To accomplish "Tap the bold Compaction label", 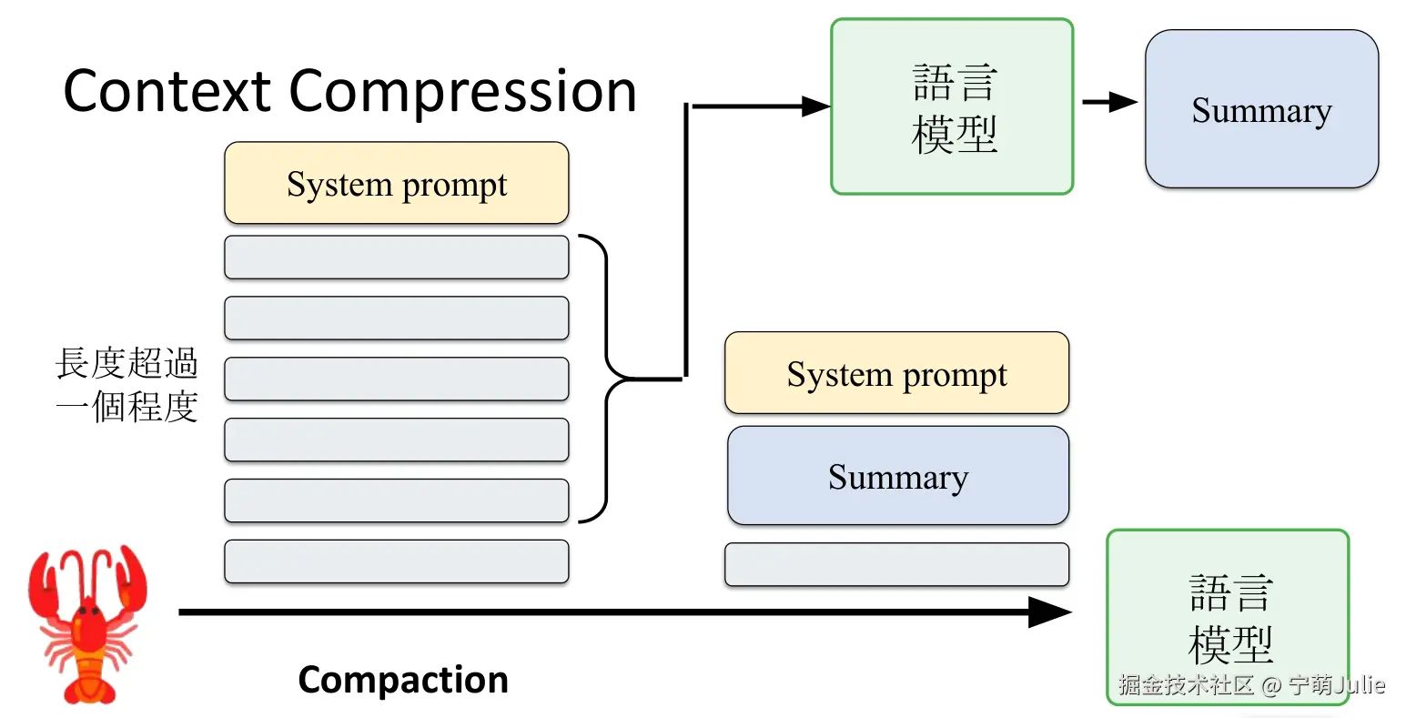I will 403,680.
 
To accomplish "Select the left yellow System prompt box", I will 396,183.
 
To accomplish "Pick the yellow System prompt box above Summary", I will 896,373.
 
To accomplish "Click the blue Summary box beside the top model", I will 1261,109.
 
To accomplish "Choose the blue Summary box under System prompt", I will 897,476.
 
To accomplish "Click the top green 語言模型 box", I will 952,106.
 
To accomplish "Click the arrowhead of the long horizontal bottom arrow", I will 1051,612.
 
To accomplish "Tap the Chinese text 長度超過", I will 126,363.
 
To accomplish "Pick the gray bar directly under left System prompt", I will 396,258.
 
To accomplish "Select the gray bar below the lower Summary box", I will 896,564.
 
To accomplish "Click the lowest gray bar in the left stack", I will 396,561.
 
